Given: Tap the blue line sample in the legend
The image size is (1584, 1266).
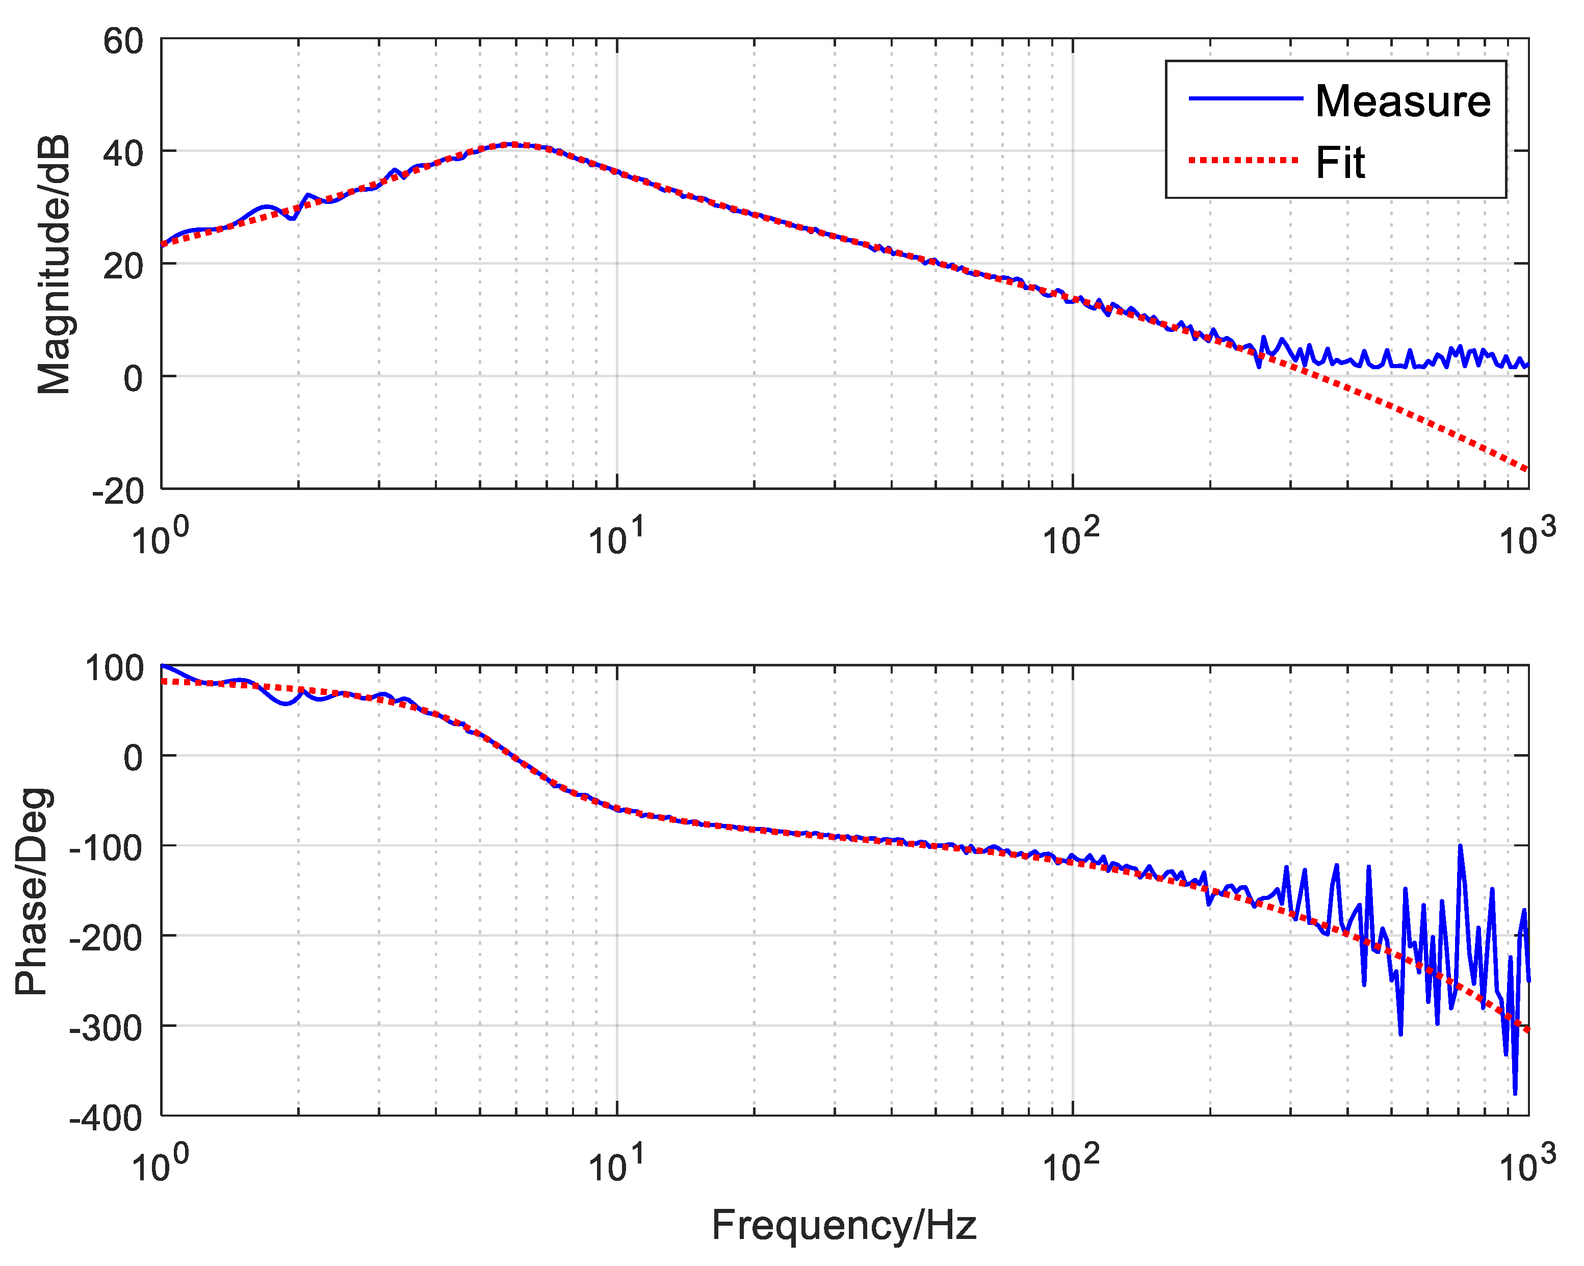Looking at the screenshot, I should click(1245, 98).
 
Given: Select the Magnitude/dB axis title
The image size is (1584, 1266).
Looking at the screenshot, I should click(54, 265).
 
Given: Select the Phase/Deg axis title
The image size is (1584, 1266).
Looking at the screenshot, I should click(33, 891).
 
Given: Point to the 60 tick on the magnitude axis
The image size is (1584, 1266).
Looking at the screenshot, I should click(123, 41).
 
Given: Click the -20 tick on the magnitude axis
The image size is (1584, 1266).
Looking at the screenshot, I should click(118, 491).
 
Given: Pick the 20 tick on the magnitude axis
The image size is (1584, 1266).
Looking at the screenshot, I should click(123, 266).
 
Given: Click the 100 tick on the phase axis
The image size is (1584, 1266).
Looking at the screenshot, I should click(114, 668).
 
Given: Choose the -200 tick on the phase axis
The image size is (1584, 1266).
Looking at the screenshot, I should click(106, 938).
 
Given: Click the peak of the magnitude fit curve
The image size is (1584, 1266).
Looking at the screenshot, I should click(514, 145).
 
